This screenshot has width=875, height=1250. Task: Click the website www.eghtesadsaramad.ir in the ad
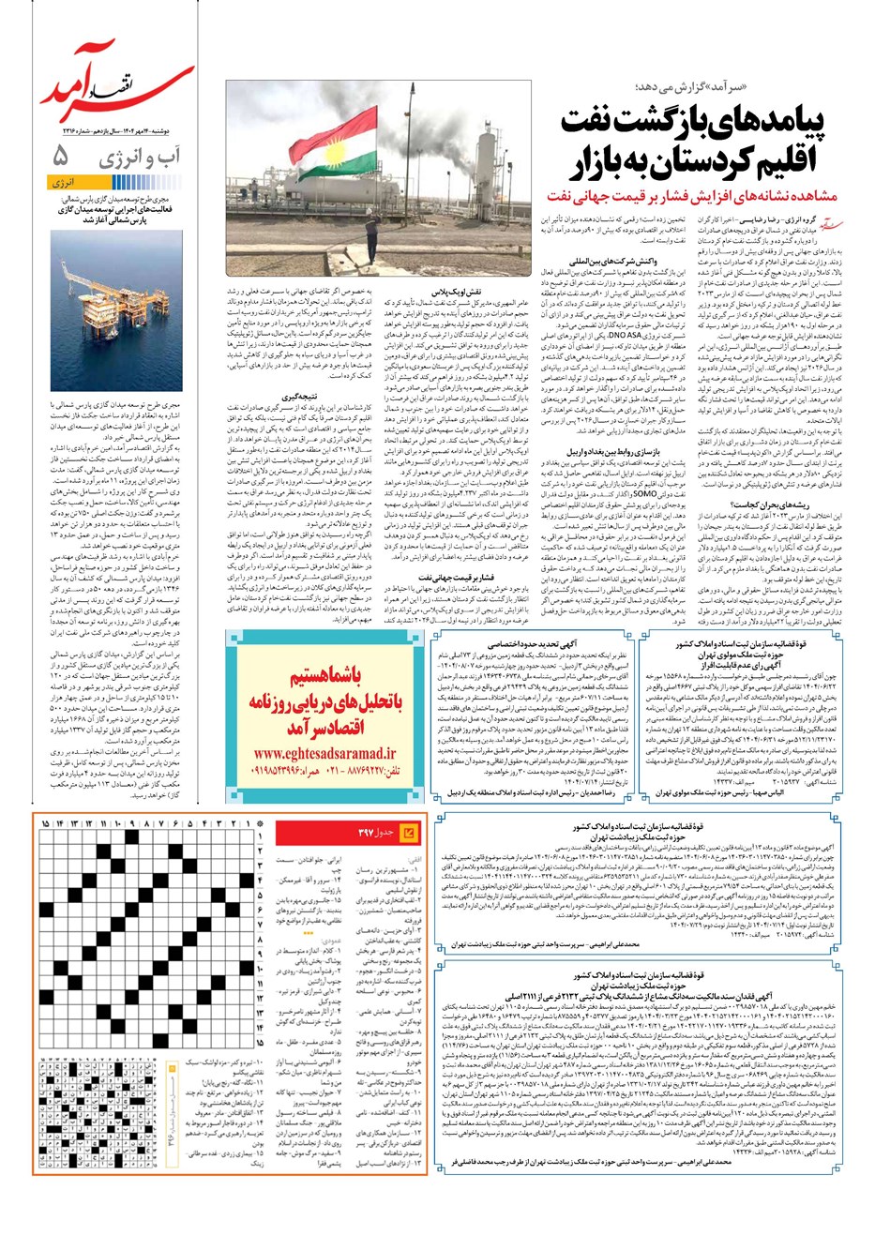[x=310, y=752]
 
